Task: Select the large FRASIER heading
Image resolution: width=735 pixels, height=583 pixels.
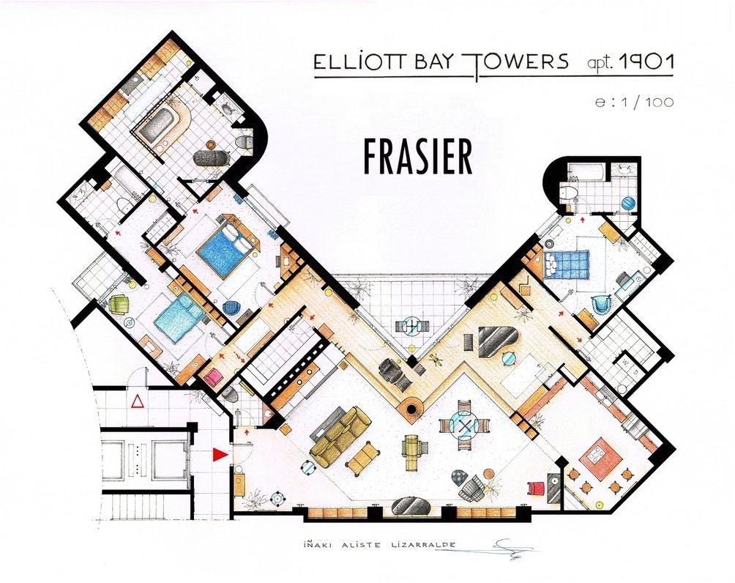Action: pos(418,155)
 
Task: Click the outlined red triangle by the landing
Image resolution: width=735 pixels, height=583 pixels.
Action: pos(137,401)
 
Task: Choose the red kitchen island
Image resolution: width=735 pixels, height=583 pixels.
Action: pos(600,458)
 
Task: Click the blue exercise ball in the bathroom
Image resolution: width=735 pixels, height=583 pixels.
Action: pos(627,201)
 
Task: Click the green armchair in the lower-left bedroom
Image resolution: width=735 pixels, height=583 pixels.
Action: pos(119,304)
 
